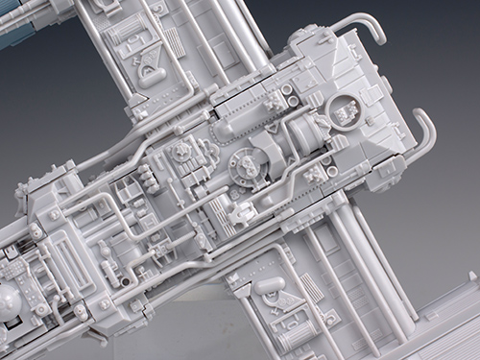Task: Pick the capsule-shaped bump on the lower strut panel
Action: click(x=271, y=285)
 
